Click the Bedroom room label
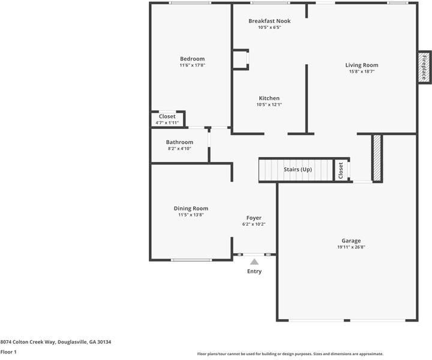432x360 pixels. tap(192, 59)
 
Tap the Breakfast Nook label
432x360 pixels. tap(269, 21)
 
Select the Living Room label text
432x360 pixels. tap(361, 65)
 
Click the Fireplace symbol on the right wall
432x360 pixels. tap(423, 67)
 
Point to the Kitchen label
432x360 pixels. tap(269, 98)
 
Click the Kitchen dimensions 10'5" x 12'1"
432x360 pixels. tap(269, 105)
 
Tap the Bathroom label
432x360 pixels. tap(179, 142)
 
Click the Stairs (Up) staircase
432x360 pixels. tap(297, 170)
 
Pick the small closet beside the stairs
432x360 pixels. tap(340, 170)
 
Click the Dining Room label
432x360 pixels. tap(191, 208)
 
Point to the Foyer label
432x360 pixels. tap(254, 218)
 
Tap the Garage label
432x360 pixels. tap(351, 241)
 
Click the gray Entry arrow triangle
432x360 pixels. tap(254, 262)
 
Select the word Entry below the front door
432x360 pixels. tap(254, 271)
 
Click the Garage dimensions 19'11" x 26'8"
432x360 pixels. tap(351, 247)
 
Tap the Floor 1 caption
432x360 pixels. tap(8, 352)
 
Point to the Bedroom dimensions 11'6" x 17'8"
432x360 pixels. tap(192, 65)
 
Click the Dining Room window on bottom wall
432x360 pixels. tap(190, 260)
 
